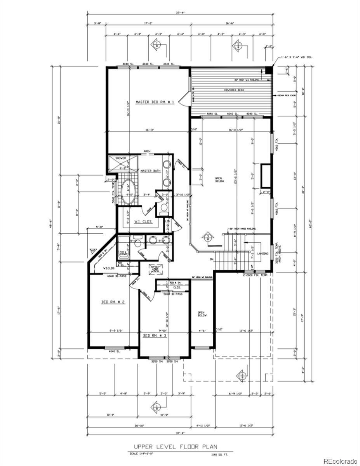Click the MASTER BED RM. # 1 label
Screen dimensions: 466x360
coord(155,102)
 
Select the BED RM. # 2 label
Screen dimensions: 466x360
coord(113,302)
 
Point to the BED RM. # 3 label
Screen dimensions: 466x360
coord(155,335)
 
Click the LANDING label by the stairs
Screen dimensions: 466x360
coord(263,253)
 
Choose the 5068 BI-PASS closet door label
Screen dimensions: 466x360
coord(172,294)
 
